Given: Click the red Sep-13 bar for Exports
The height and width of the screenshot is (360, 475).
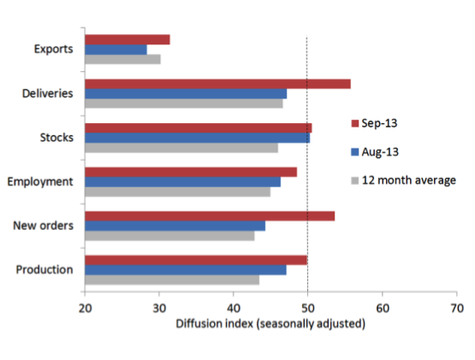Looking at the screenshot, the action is pyautogui.click(x=128, y=39).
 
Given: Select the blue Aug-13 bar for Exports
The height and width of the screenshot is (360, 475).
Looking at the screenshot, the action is pyautogui.click(x=116, y=50).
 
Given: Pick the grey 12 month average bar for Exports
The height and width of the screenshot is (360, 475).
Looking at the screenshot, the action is pyautogui.click(x=122, y=59).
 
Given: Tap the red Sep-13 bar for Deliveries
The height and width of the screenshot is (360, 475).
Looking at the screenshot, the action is pyautogui.click(x=217, y=84).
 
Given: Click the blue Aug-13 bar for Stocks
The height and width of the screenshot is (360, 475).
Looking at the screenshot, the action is pyautogui.click(x=198, y=138).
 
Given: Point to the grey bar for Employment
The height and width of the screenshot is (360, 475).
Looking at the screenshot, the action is pyautogui.click(x=178, y=192).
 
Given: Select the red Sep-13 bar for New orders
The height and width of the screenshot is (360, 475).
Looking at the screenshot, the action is pyautogui.click(x=210, y=216).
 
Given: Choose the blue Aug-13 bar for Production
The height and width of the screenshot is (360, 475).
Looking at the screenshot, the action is pyautogui.click(x=186, y=270).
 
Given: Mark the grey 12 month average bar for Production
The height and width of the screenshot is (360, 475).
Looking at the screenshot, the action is pyautogui.click(x=172, y=280).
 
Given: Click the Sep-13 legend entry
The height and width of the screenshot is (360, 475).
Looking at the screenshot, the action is pyautogui.click(x=374, y=123).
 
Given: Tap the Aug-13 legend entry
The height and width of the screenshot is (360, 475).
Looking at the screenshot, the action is pyautogui.click(x=375, y=151).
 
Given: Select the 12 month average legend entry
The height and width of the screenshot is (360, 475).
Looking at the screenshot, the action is pyautogui.click(x=403, y=180).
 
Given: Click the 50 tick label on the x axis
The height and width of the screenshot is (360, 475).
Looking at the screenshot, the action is pyautogui.click(x=308, y=308).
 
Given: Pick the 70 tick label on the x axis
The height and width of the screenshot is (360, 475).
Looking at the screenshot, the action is pyautogui.click(x=457, y=308).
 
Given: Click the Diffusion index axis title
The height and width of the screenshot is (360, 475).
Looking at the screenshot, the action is pyautogui.click(x=270, y=324).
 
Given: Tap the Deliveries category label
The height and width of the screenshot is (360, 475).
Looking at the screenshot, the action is pyautogui.click(x=48, y=93).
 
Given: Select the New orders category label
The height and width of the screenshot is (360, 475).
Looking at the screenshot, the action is pyautogui.click(x=44, y=226).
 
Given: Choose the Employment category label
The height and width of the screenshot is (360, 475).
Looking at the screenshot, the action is pyautogui.click(x=40, y=181).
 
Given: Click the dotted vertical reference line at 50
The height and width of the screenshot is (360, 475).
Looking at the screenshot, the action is pyautogui.click(x=307, y=164).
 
